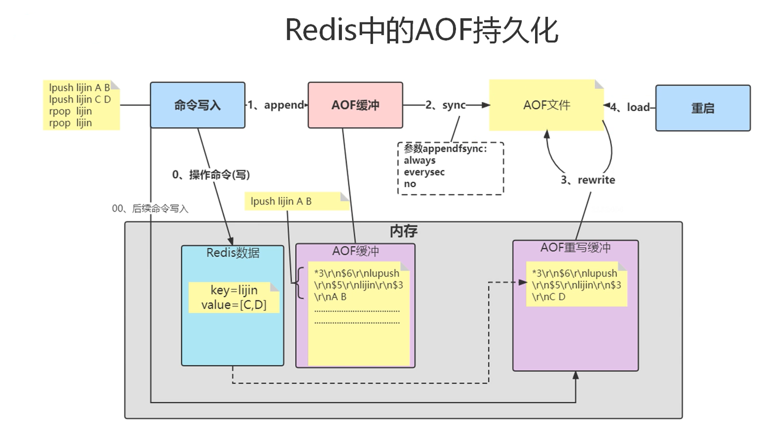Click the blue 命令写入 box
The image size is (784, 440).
pos(197,105)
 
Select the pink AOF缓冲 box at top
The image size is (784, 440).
pos(355,105)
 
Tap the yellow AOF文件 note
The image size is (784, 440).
pos(546,105)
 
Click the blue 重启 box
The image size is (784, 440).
pos(702,108)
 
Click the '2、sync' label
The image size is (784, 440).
pos(446,105)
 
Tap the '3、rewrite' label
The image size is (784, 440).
pos(588,180)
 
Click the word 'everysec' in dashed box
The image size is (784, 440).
pos(424,172)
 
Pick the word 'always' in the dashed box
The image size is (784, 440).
pos(419,160)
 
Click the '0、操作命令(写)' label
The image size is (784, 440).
pos(211,175)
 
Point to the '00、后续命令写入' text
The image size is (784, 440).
pos(150,209)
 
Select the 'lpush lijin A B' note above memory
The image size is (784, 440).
pos(281,201)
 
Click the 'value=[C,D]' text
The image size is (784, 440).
pos(234,305)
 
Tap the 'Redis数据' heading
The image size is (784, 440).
pos(233,253)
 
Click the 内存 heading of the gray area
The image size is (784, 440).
pos(403,231)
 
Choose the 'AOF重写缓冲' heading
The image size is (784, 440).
pos(575,248)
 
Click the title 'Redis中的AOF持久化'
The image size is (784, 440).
pos(421,30)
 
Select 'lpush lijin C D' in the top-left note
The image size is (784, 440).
pos(80,99)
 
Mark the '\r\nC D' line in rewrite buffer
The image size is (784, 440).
pos(549,297)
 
